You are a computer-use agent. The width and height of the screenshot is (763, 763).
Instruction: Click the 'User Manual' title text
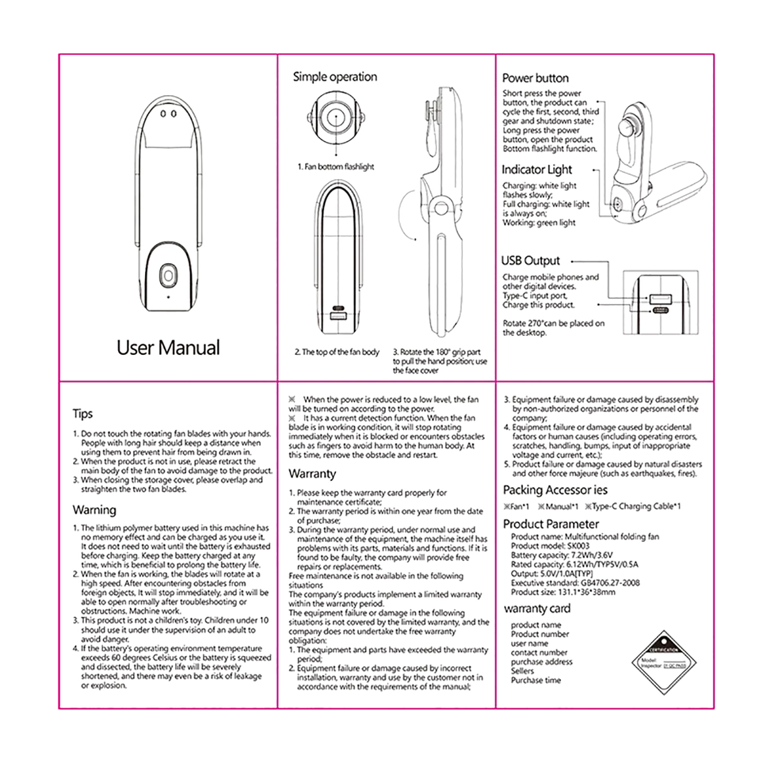(168, 348)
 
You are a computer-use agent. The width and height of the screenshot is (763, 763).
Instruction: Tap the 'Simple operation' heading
(335, 77)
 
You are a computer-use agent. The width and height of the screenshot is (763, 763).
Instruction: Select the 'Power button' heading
(535, 78)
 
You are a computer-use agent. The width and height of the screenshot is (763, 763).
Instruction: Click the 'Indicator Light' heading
(536, 170)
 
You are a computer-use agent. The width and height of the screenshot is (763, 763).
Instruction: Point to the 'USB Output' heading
(530, 261)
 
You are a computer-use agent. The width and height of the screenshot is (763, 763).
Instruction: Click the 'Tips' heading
(82, 413)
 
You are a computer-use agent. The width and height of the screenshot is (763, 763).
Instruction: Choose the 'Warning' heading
(94, 510)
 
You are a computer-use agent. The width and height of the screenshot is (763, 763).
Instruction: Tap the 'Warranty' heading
(312, 474)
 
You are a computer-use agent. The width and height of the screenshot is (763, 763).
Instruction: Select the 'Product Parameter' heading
(551, 524)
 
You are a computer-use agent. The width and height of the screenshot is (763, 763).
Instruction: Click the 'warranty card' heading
(537, 608)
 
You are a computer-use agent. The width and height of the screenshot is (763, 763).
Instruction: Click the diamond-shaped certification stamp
(664, 663)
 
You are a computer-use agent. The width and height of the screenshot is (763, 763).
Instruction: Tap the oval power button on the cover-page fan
(168, 276)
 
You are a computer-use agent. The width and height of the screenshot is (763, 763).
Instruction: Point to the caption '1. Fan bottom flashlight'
(336, 167)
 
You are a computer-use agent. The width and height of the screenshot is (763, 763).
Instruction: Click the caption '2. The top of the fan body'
(337, 352)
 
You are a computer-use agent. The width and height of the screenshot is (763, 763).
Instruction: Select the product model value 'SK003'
(578, 546)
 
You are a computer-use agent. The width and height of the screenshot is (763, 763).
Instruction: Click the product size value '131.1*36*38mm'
(587, 592)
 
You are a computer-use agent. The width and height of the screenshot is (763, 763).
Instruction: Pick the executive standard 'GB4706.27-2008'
(610, 583)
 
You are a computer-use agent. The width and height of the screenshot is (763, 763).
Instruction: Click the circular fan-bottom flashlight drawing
(336, 117)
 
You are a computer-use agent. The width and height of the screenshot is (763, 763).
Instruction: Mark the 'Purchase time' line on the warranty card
(536, 681)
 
